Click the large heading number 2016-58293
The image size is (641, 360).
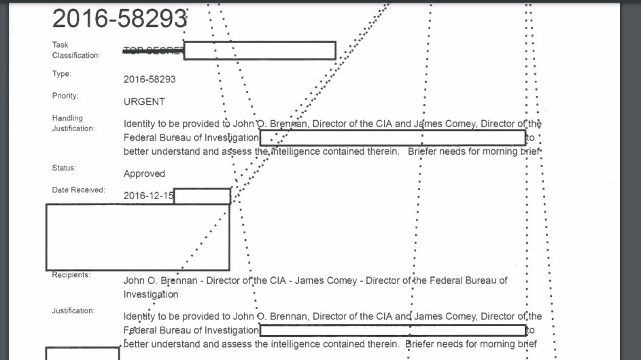(119, 18)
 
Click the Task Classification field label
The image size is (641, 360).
(76, 50)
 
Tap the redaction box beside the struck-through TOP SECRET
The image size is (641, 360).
(260, 50)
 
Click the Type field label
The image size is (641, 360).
(61, 74)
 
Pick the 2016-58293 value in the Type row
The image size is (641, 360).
(150, 79)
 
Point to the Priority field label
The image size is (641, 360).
(65, 96)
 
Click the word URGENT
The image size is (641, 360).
(144, 102)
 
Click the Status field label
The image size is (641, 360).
(64, 168)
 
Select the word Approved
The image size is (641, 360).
(144, 174)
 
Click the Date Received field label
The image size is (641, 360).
(78, 190)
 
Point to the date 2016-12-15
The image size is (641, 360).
(148, 196)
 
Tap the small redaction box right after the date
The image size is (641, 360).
(202, 196)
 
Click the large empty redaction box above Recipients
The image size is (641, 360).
(137, 236)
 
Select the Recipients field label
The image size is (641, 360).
(71, 275)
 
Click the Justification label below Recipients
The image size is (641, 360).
(73, 311)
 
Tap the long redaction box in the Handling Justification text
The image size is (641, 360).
(392, 138)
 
